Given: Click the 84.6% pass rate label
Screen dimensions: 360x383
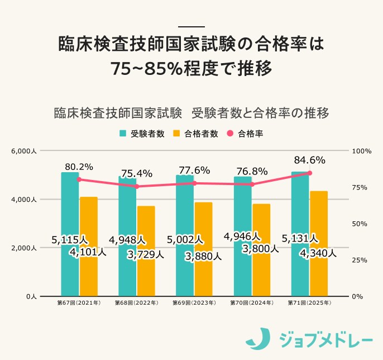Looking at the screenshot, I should tap(309, 160).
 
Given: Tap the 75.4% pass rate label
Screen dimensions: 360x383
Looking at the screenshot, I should tap(137, 173).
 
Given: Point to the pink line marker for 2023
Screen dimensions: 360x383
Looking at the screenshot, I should tap(194, 183).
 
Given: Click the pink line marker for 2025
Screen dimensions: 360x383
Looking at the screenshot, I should tap(310, 173).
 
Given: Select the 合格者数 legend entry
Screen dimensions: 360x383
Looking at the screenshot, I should tap(195, 134).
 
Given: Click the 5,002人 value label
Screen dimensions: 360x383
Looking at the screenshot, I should tap(185, 240).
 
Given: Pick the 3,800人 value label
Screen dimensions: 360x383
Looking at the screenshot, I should tap(260, 249).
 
